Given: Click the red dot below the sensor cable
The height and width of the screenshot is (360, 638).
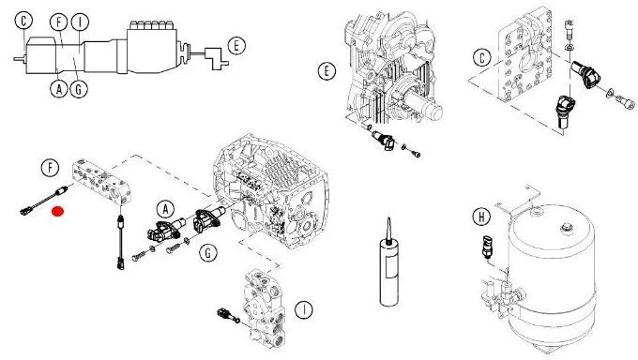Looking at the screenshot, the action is [58, 212].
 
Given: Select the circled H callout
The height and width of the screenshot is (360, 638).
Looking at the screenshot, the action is [481, 217].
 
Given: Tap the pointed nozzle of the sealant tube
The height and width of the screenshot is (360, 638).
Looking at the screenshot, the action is [388, 231].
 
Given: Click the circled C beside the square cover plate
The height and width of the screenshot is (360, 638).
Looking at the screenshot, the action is [482, 57].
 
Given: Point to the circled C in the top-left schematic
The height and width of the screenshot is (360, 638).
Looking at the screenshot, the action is [24, 21].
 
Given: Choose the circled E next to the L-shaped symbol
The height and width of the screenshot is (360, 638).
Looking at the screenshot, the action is [236, 46].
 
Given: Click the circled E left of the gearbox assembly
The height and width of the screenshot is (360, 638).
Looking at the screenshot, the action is [327, 71].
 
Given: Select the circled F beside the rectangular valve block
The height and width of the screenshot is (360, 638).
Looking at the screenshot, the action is [50, 167].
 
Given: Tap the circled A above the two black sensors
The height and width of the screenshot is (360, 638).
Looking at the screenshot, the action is [166, 209].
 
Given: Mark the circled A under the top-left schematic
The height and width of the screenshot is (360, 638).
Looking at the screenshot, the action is [59, 88].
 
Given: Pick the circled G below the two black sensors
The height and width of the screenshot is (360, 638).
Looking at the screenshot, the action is [208, 253].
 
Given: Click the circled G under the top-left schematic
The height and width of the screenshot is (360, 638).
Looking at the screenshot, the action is [79, 88].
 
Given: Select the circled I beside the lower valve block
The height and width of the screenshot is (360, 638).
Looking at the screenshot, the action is [304, 310].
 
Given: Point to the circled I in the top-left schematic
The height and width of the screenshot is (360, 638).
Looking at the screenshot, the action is [80, 22].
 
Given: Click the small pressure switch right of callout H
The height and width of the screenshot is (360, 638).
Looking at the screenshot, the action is [487, 247].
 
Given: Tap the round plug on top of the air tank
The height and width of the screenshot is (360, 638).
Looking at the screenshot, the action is [565, 229].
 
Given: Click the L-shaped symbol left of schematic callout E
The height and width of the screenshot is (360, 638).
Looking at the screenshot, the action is [214, 59].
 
